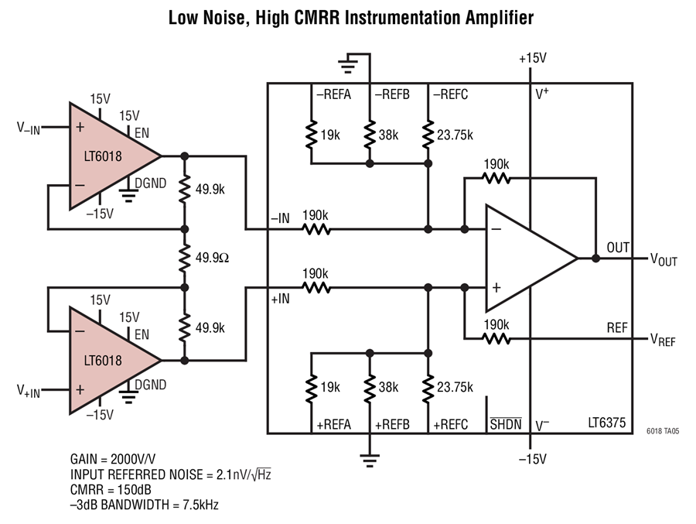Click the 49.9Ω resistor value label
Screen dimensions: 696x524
[x=212, y=258]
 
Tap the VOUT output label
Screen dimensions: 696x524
[x=664, y=259]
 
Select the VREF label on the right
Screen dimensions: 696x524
[x=663, y=340]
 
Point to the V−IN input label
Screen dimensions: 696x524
[x=29, y=128]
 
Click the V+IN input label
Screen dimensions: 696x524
[x=29, y=391]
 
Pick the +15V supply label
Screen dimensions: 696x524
[x=533, y=58]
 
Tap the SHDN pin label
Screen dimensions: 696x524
[x=506, y=424]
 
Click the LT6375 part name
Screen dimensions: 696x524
[x=607, y=423]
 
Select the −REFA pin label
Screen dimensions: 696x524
[x=333, y=94]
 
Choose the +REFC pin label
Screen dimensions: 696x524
[x=451, y=425]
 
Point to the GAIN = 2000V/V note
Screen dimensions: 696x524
[x=113, y=459]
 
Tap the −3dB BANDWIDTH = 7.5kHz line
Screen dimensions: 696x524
[x=145, y=505]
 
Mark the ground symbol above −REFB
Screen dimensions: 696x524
[x=348, y=63]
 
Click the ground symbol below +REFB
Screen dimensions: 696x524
[x=370, y=461]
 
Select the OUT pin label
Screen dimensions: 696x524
[x=618, y=248]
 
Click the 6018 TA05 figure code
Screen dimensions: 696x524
[x=663, y=431]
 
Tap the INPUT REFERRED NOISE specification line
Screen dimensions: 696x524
[x=170, y=474]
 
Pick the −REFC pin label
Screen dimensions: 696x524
[x=451, y=94]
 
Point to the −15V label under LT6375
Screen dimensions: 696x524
[x=533, y=459]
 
